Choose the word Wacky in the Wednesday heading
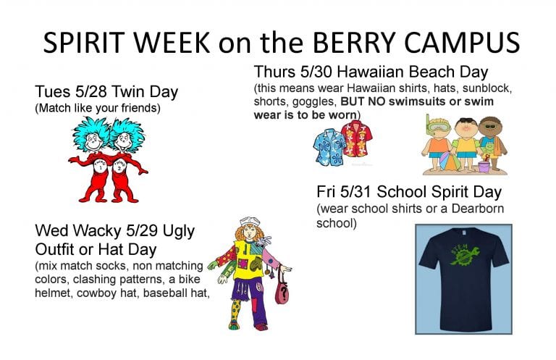tap(90, 232)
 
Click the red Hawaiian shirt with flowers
tap(355, 138)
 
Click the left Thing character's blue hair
tap(90, 134)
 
